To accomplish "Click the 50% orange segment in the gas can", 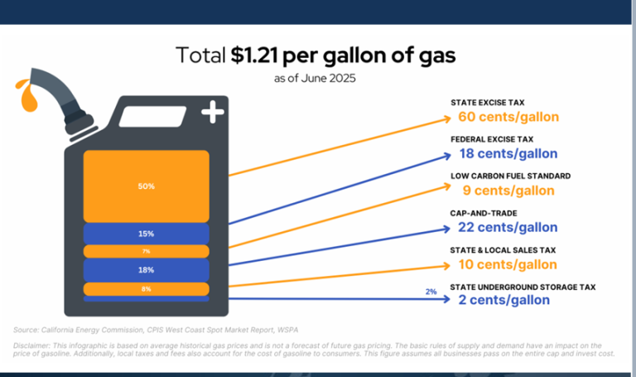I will (x=146, y=186).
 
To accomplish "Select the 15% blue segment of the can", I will (x=146, y=234).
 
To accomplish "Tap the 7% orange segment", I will (x=146, y=251).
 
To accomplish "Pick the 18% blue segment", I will (x=146, y=270).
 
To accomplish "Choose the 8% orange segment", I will (x=146, y=289).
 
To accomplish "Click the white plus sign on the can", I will (x=213, y=112).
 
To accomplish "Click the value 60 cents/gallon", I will (x=508, y=117).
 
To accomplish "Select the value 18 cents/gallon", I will (x=508, y=153).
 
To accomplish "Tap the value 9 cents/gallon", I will (x=508, y=191).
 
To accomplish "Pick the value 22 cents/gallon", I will (x=508, y=227).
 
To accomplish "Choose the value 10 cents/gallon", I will (x=508, y=264).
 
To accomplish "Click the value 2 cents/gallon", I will (x=503, y=300).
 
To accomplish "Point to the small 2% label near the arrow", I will (x=430, y=292).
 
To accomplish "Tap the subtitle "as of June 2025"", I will (x=317, y=80).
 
